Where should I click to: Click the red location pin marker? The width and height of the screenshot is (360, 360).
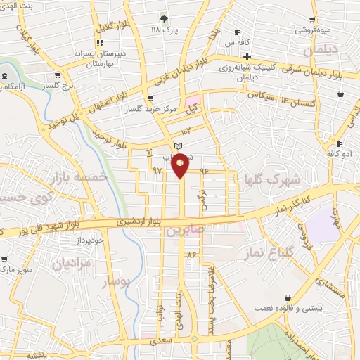(x=181, y=166)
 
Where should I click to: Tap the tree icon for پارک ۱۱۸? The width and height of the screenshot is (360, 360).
(x=165, y=19)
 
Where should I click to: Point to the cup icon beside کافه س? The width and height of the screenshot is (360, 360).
(x=238, y=32)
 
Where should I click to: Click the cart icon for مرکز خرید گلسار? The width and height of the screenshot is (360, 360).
(x=149, y=99)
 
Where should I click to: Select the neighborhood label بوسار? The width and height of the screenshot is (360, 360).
(x=117, y=282)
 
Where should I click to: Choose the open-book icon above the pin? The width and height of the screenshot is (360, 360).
(x=178, y=144)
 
